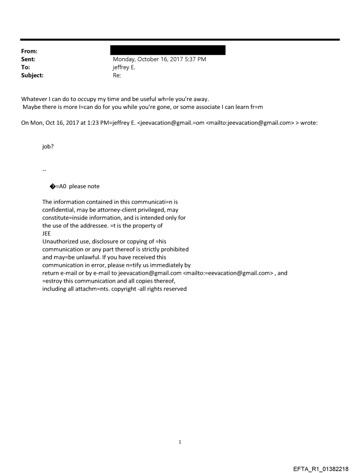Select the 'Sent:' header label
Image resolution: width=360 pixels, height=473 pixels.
point(27,59)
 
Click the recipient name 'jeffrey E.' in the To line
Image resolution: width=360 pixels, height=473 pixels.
point(125,67)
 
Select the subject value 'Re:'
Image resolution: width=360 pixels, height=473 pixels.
point(117,75)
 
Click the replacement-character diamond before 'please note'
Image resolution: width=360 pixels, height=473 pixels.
point(52,186)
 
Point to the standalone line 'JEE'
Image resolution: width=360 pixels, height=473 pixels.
point(46,234)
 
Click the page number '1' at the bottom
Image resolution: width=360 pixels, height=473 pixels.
point(180,442)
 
